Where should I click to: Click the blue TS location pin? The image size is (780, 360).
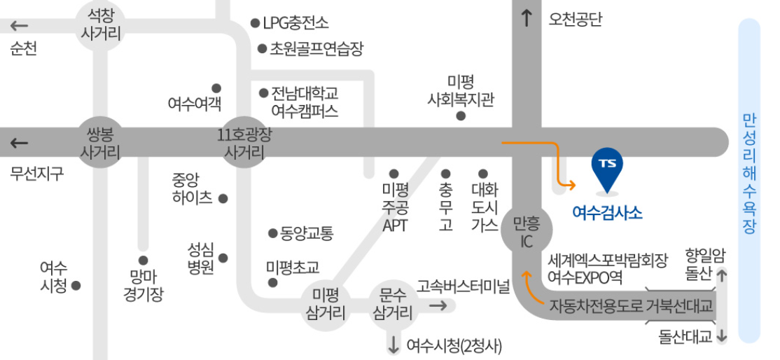(606, 168)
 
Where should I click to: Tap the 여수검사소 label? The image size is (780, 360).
(607, 212)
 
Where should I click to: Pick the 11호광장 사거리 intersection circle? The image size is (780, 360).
(244, 142)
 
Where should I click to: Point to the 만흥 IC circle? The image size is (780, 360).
(527, 233)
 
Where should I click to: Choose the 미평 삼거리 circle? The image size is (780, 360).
(326, 303)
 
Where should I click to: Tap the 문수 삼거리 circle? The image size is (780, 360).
(392, 303)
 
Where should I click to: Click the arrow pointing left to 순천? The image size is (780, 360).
(19, 26)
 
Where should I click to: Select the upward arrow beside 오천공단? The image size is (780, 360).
(527, 18)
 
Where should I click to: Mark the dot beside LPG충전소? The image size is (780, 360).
(256, 23)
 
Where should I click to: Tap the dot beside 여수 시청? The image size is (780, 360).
(76, 286)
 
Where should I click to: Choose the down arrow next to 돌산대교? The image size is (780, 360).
(722, 336)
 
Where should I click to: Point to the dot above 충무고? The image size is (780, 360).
(445, 173)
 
